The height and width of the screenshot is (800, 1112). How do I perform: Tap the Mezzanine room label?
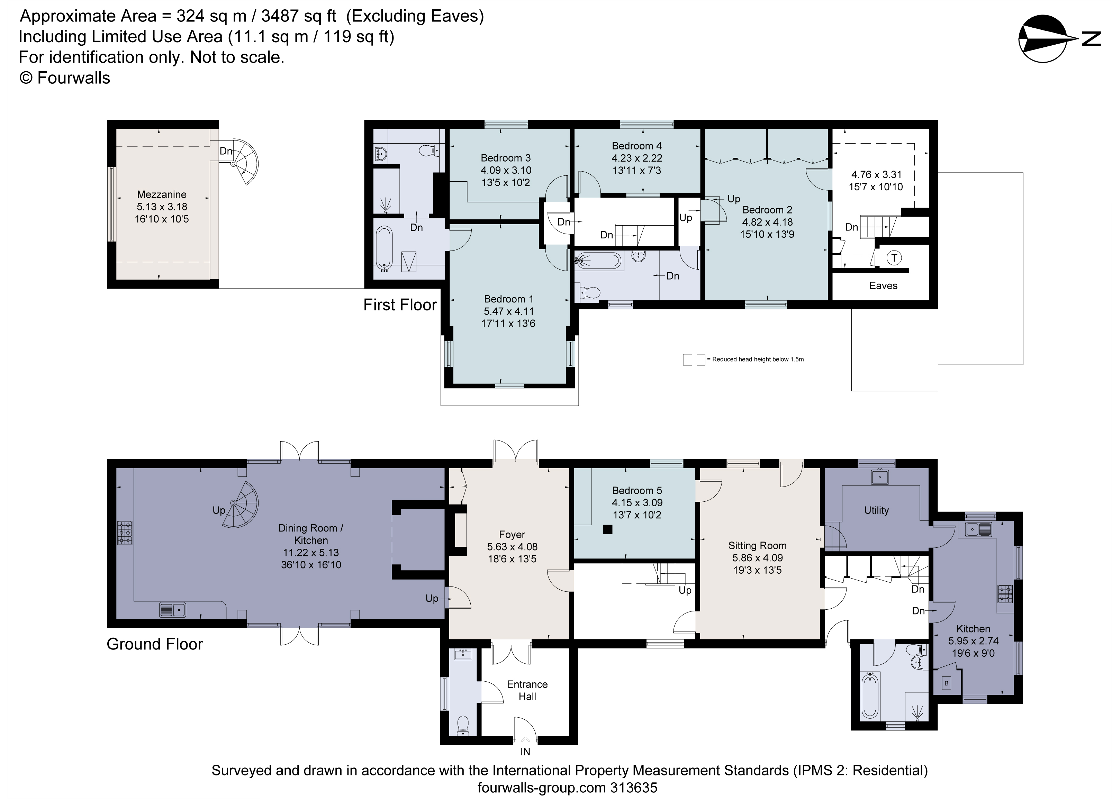(162, 194)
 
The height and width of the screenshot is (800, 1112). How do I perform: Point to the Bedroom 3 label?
(506, 158)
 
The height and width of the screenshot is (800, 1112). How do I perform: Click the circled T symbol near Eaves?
(894, 258)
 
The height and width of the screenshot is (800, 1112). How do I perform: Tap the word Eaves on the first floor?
(883, 286)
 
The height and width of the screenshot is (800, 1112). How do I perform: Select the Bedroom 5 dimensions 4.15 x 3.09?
(637, 502)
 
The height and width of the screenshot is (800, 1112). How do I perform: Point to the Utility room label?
(876, 510)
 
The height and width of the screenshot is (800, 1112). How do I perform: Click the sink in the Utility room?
(880, 477)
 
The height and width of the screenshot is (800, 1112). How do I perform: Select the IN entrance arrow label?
(525, 752)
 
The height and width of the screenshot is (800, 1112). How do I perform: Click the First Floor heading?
(400, 305)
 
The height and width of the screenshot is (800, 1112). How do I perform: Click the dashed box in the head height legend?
(694, 359)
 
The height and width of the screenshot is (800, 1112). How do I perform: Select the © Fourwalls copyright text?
(65, 78)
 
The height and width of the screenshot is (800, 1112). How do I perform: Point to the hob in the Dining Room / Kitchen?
(125, 532)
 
